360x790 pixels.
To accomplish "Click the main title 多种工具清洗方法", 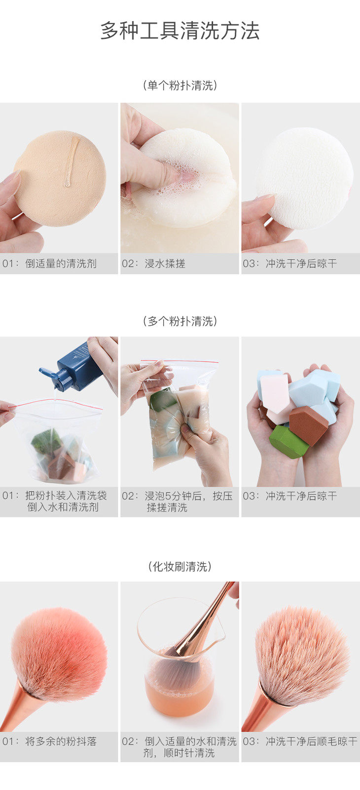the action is coord(180,30).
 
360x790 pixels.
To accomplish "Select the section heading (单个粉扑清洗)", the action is coord(180,85).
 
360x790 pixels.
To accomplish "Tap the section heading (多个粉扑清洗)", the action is coord(180,321).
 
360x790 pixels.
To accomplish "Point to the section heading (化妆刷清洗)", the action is coord(180,566).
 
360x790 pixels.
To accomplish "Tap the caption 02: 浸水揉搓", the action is coord(153,263).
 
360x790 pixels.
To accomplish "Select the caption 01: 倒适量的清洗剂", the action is coord(49,263).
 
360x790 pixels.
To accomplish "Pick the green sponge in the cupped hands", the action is coord(288,442).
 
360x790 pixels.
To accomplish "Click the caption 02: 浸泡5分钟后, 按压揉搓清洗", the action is coord(178,501).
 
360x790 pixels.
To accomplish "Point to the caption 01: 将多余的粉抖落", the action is coord(49,742).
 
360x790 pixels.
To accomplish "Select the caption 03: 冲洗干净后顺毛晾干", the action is coord(300,742).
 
